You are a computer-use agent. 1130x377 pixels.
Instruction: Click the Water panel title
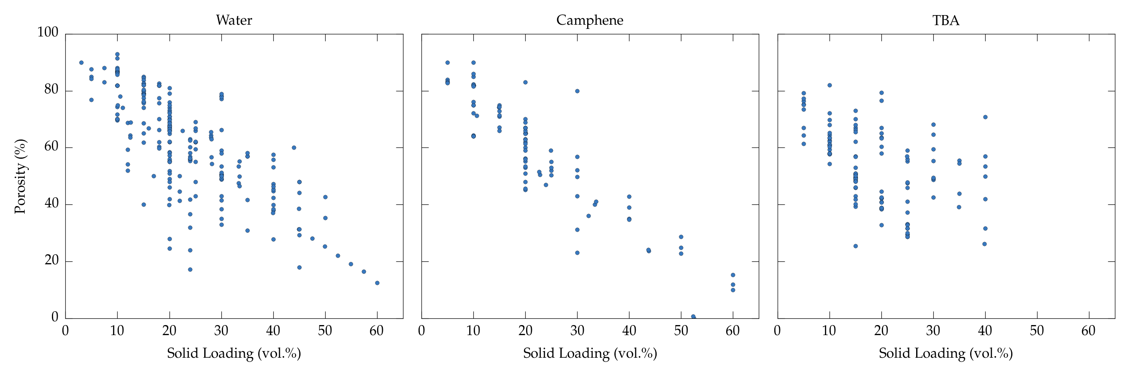click(x=234, y=20)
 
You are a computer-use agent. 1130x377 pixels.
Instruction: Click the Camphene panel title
click(x=590, y=20)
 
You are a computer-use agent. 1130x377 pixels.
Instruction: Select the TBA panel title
click(x=946, y=20)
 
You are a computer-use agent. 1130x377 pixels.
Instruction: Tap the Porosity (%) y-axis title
click(x=20, y=176)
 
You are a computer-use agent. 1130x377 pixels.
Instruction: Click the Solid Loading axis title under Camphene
click(x=590, y=353)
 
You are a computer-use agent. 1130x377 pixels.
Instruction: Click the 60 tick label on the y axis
click(x=51, y=146)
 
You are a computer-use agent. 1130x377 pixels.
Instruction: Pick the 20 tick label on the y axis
click(x=51, y=260)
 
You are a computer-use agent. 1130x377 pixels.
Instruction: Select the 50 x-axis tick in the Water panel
click(x=325, y=331)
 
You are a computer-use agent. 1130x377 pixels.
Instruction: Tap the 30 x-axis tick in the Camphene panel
click(x=577, y=331)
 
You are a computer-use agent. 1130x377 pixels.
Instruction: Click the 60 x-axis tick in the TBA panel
click(x=1089, y=331)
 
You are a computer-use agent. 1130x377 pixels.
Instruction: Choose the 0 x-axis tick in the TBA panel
click(x=777, y=331)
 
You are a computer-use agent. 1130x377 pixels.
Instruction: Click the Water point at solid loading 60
click(x=377, y=283)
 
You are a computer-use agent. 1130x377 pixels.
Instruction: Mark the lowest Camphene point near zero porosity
click(x=693, y=316)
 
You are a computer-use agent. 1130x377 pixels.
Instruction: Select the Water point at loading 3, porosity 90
click(x=81, y=63)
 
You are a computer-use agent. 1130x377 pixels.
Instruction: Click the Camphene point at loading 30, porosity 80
click(x=577, y=91)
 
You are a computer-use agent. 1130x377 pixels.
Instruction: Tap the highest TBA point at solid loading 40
click(x=985, y=117)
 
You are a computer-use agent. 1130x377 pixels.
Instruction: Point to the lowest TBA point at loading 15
click(x=855, y=246)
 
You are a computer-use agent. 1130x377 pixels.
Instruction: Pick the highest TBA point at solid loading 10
click(x=830, y=85)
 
